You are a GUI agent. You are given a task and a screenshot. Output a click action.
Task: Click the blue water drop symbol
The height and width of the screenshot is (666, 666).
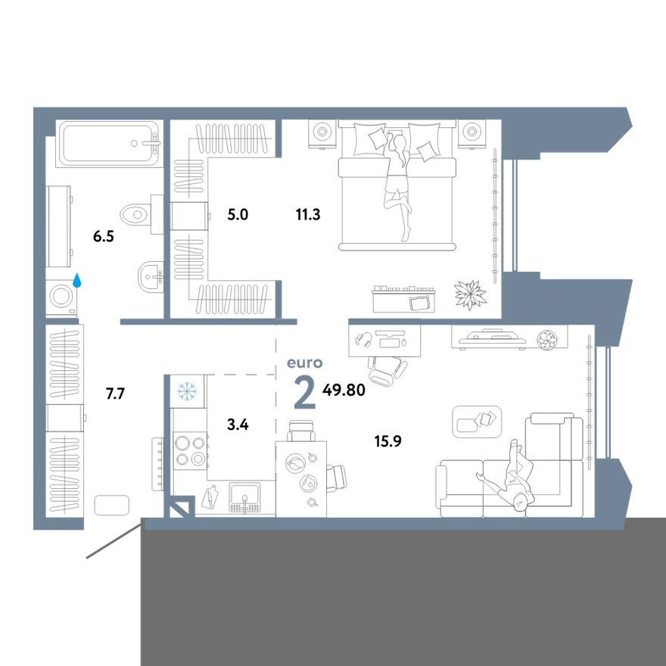click(77, 280)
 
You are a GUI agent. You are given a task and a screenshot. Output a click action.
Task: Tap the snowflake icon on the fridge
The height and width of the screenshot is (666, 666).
click(187, 391)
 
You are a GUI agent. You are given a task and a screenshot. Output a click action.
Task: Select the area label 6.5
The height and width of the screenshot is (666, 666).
click(104, 237)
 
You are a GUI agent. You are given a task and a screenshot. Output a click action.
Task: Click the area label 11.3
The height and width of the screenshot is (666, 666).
click(308, 215)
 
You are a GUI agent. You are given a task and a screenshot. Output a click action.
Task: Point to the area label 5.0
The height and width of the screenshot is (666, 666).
click(238, 215)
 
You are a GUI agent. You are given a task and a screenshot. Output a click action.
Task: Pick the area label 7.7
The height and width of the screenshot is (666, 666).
click(115, 394)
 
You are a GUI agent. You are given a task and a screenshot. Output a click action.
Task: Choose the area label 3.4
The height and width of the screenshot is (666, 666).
click(238, 425)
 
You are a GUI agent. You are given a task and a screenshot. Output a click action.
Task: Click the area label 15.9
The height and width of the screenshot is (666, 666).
click(387, 441)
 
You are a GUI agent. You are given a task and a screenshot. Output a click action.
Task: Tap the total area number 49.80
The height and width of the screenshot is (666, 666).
click(344, 390)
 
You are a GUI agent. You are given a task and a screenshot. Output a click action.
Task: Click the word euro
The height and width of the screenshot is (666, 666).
click(305, 363)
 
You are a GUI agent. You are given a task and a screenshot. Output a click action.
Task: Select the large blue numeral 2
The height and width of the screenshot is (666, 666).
click(305, 394)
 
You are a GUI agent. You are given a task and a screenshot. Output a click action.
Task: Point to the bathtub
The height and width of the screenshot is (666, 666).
click(109, 144)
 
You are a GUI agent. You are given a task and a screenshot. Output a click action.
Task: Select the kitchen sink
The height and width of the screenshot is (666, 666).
click(244, 497)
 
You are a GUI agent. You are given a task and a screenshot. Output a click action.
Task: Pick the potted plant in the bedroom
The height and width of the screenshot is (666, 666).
click(470, 294)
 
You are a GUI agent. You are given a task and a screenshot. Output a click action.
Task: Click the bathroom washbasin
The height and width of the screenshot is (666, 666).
click(151, 277)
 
